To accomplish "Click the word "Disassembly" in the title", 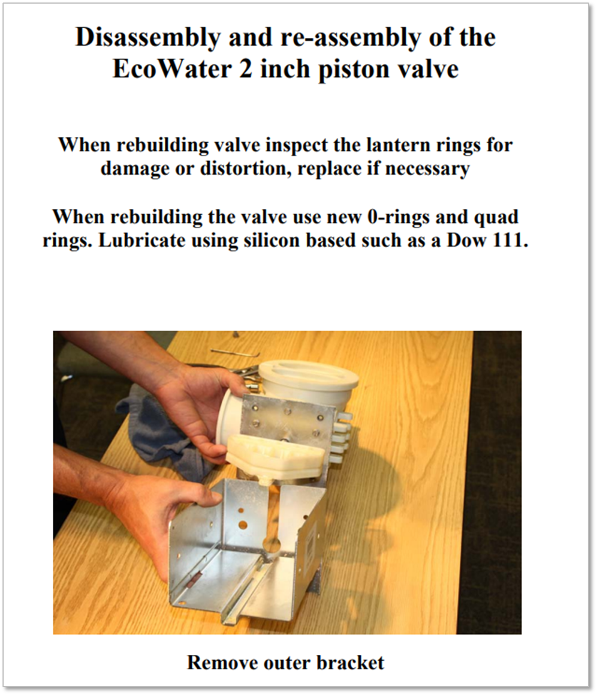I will (x=146, y=38).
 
